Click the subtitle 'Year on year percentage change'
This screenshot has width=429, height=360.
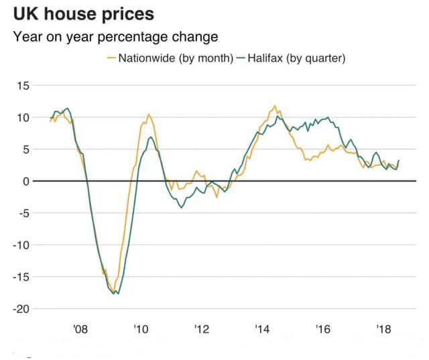pos(115,36)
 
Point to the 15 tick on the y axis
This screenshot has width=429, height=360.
pos(23,86)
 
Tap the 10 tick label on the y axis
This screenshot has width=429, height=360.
pos(23,117)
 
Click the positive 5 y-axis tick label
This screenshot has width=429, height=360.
pos(26,149)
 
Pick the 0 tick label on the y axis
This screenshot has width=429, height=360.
pos(26,181)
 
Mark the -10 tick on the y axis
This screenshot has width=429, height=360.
pos(21,245)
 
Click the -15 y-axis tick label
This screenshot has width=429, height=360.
pos(21,277)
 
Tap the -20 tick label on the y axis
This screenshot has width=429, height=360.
pos(21,308)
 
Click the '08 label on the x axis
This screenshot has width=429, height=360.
pos(80,329)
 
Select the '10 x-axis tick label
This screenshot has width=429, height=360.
pos(141,329)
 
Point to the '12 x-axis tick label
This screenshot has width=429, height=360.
pos(202,329)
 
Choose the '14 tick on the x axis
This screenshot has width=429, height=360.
pos(262,329)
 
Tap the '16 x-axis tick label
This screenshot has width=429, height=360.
pos(323,329)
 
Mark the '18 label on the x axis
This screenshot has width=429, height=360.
pos(384,329)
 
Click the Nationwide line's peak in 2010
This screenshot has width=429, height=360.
pos(148,115)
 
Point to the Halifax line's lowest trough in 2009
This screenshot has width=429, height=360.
pos(117,294)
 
